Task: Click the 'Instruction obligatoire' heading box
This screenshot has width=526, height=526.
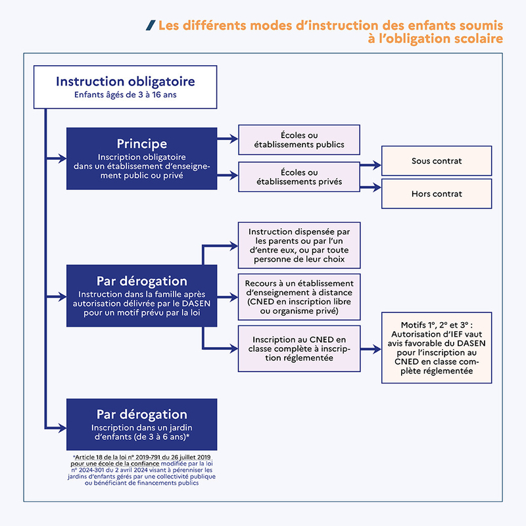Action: point(124,87)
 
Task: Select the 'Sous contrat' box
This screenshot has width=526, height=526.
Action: point(437,161)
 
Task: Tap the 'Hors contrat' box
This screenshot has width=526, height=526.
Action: point(437,194)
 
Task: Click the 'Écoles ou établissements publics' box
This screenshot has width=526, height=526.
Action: point(299,140)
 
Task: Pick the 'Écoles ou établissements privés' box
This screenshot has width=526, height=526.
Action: point(299,177)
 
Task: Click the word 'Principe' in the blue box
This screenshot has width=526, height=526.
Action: point(141,143)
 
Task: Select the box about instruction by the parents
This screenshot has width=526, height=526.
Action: point(299,245)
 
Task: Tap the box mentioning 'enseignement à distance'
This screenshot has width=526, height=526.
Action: point(299,297)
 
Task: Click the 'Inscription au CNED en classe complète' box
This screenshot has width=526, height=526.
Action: point(299,348)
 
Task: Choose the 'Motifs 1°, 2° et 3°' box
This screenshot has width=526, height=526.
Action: point(437,348)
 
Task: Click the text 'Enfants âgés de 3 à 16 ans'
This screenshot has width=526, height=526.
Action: point(124,96)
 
